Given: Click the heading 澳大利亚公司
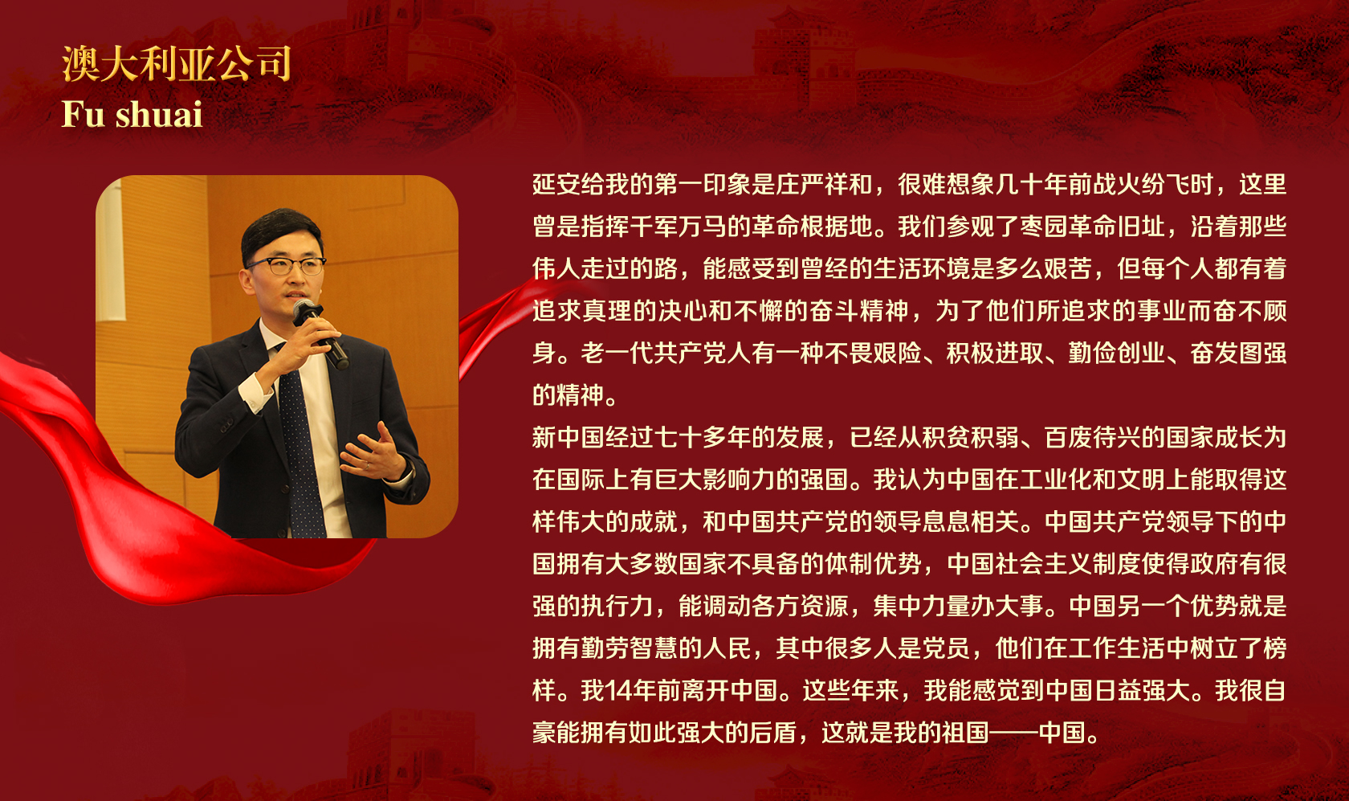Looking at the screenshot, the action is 177,63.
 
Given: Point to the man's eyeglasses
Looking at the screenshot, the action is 287,265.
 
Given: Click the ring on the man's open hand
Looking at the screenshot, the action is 368,465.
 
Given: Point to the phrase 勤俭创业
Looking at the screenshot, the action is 1116,354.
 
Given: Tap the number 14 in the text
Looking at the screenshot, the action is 618,691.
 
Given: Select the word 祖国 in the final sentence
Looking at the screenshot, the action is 965,733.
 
